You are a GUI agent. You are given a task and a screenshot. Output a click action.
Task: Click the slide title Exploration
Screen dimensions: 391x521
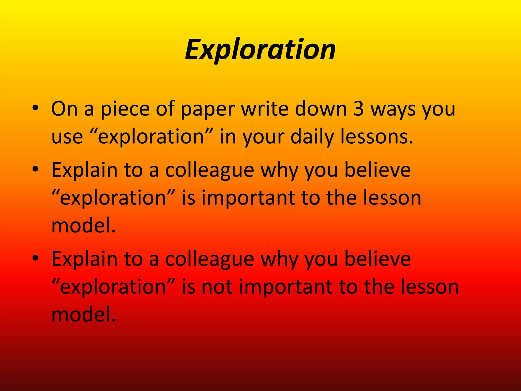click(260, 49)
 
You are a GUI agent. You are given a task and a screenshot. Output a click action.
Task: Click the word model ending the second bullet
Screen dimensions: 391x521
click(83, 226)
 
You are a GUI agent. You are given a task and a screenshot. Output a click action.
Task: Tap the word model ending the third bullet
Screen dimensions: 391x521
click(83, 315)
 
